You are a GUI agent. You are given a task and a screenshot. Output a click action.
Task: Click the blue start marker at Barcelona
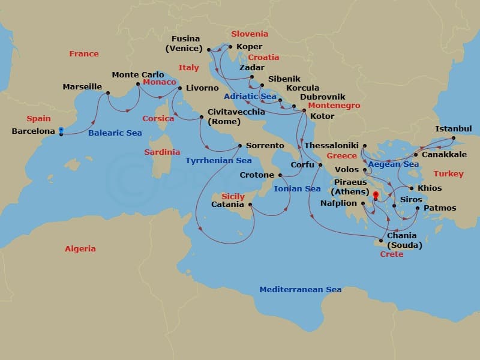coord(61,131)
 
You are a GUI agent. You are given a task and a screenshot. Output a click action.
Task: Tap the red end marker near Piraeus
coord(376,195)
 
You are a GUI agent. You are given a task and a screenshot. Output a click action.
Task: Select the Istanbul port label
coord(453,129)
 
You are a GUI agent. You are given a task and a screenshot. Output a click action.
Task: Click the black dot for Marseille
coord(108,92)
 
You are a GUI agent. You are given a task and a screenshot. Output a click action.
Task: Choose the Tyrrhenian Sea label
coord(218,161)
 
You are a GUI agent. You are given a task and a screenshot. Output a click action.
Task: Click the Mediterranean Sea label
coord(300,290)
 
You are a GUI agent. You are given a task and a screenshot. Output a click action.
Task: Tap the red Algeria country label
coord(80,248)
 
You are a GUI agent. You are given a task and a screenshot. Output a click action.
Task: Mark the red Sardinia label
coord(162,152)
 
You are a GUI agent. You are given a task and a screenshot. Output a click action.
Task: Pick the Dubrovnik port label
coord(322,97)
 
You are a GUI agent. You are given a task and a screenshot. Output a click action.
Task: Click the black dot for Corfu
coord(320,164)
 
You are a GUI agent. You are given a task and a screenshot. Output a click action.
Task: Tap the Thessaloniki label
coord(331,146)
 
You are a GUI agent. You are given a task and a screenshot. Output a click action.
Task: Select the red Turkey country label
coord(449,174)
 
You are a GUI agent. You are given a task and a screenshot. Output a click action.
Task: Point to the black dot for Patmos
coord(418,208)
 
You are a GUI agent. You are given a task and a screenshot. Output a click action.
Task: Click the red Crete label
coord(392,254)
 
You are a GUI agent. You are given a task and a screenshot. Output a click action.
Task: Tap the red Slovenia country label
coord(250,34)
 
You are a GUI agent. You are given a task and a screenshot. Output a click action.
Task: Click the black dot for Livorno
coord(180,88)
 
